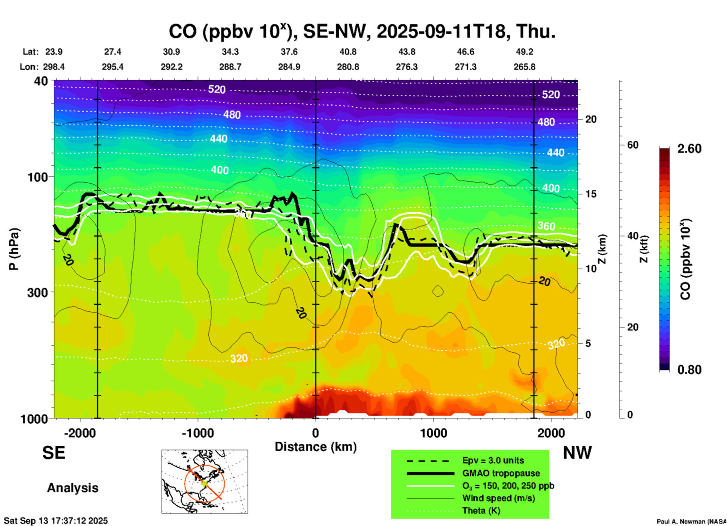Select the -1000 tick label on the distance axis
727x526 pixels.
click(198, 433)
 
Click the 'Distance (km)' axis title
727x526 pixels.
click(316, 447)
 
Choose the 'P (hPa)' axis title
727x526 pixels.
click(14, 249)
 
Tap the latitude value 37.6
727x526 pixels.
click(289, 52)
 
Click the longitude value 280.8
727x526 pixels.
click(348, 67)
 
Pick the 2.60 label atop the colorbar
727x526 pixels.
click(689, 149)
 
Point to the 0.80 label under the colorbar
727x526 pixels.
click(689, 370)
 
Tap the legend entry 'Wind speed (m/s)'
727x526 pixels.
click(498, 498)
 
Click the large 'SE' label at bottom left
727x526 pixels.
click(54, 453)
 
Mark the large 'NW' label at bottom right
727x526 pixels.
click(577, 453)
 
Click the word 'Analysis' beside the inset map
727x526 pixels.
click(72, 488)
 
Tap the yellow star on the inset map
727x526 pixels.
click(204, 483)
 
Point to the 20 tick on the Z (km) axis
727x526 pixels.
click(591, 119)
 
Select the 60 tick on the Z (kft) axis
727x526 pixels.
click(633, 145)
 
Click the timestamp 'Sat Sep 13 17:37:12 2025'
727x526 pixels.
click(56, 521)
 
